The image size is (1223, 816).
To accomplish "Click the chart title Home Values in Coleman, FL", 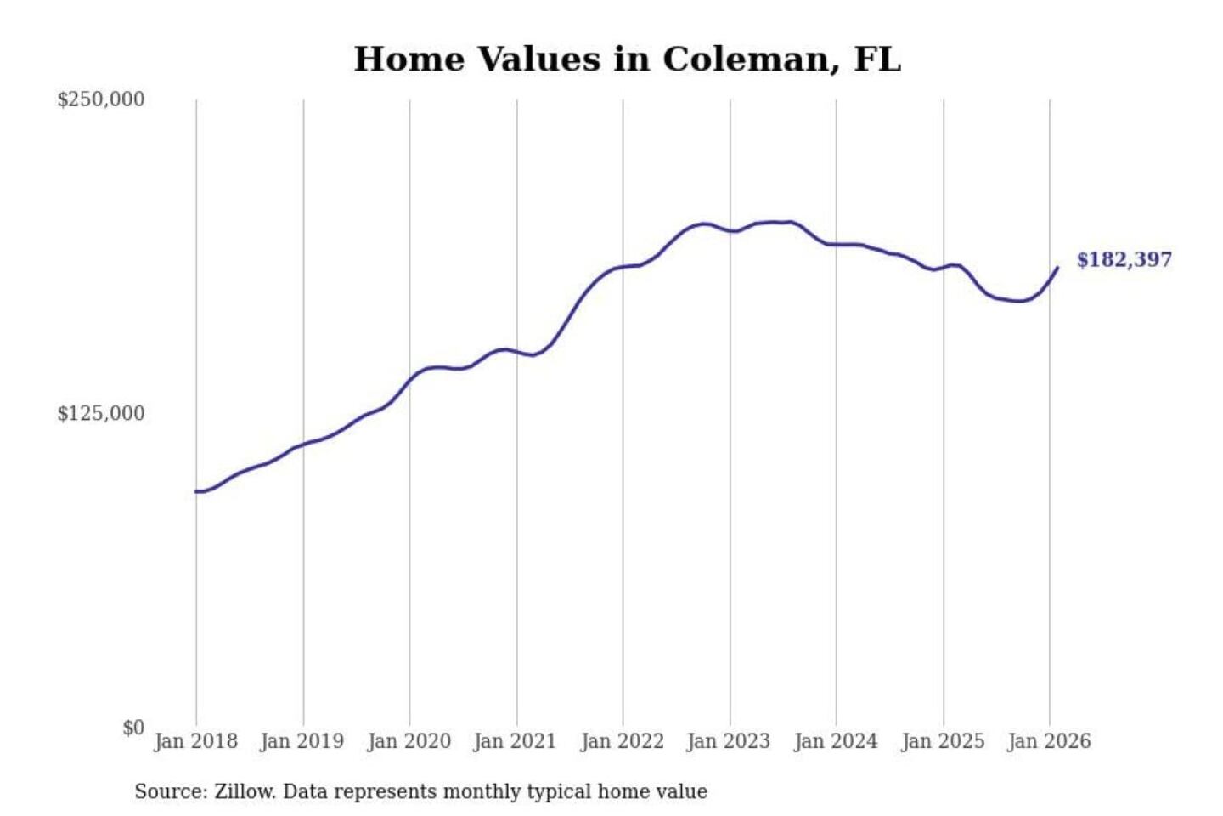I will pos(627,59).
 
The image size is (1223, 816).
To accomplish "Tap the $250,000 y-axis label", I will pos(100,99).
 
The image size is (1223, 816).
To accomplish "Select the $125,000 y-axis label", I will pos(100,414).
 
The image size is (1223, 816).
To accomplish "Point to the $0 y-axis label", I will pos(133,728).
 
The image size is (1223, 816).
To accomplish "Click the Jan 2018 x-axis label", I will pos(195,741).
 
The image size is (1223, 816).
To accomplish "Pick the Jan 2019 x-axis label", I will pos(302,741).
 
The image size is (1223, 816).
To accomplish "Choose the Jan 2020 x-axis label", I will pos(409,741).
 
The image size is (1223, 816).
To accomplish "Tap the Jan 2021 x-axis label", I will pos(515,741).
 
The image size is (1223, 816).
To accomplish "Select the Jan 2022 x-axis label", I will pos(622,741).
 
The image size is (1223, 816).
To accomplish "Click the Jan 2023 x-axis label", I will pos(728,741).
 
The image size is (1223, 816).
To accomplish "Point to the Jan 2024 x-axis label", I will pos(835,741).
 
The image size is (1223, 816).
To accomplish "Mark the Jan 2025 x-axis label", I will pos(942,741).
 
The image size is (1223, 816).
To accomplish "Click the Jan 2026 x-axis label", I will pos(1048,741).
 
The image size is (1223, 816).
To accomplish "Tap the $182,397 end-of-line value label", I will pos(1124,259).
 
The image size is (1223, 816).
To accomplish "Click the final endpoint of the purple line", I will pos(1057,268).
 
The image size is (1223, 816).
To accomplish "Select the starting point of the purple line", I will pos(196,491).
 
